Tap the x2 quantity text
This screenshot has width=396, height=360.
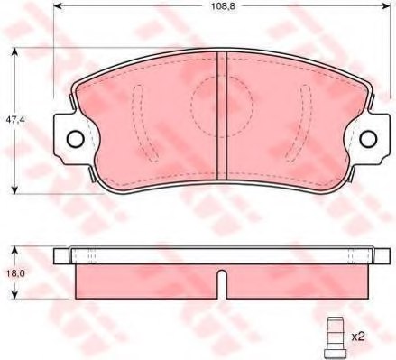[x=357, y=336]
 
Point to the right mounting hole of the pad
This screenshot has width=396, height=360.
[x=369, y=138]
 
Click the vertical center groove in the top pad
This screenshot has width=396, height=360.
[x=222, y=113]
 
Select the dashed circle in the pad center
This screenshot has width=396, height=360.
[x=222, y=106]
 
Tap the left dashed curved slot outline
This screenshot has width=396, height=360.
[x=138, y=117]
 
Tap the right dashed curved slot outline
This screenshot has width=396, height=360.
[x=307, y=117]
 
